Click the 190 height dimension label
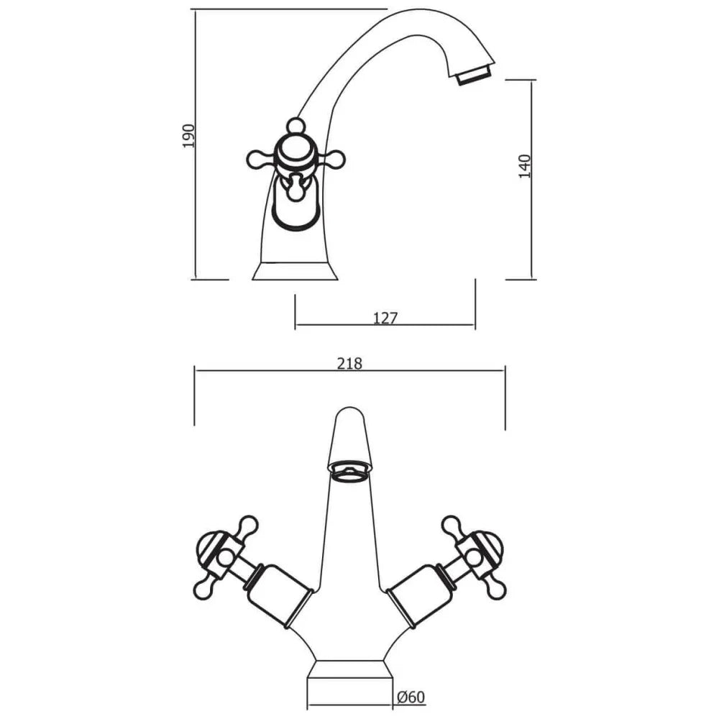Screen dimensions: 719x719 pos(189,135)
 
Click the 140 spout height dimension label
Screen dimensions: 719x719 pos(524,166)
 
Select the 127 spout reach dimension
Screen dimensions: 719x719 pos(385,318)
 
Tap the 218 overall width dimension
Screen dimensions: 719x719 pos(350,364)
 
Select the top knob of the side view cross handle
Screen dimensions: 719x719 pos(294,126)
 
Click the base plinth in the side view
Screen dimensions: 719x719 pos(296,271)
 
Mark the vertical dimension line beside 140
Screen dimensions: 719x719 pos(533,180)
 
